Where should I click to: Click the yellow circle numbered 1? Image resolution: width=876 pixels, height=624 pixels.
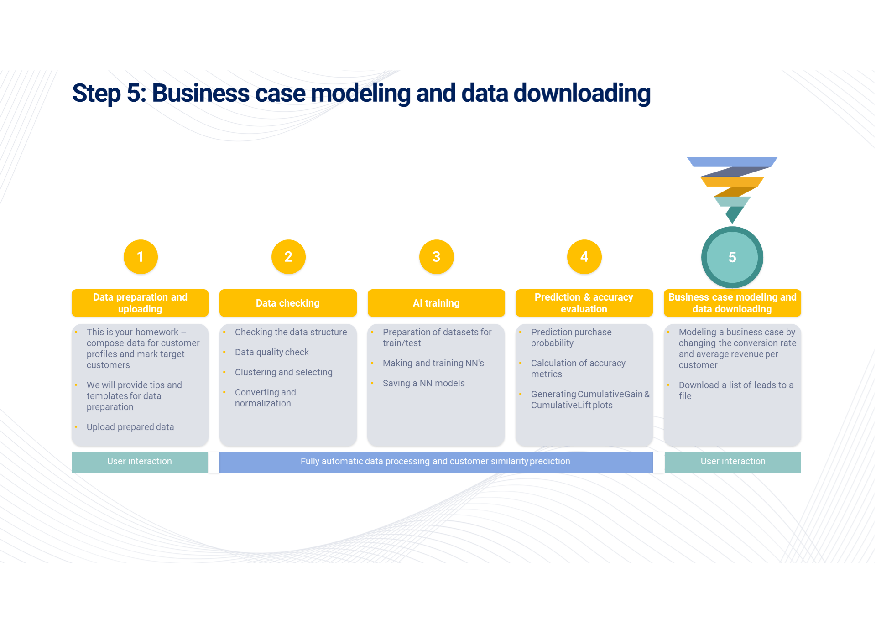click(x=141, y=257)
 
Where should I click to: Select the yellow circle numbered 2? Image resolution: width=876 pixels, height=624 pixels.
click(x=288, y=257)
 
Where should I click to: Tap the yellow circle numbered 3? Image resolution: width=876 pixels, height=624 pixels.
click(x=436, y=257)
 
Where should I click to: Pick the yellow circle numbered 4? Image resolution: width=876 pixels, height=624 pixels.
click(x=584, y=257)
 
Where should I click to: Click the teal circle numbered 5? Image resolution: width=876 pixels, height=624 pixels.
click(x=732, y=257)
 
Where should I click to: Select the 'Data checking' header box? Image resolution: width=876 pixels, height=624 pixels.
click(x=288, y=303)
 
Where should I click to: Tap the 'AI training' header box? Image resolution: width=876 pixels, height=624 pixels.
click(x=436, y=303)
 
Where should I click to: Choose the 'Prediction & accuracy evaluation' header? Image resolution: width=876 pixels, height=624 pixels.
click(x=584, y=303)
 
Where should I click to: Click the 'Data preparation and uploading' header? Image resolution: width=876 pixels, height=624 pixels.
click(x=140, y=303)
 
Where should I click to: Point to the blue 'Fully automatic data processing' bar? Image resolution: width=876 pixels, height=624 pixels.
click(x=436, y=462)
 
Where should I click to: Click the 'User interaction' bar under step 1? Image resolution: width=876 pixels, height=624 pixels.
click(x=140, y=462)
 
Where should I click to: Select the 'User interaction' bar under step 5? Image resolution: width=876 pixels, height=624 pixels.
click(x=733, y=462)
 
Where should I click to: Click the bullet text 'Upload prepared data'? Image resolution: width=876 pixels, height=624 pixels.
click(x=130, y=427)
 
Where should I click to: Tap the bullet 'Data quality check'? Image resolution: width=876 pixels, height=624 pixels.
click(x=272, y=352)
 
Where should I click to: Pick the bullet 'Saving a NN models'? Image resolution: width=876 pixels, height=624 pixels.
click(x=424, y=383)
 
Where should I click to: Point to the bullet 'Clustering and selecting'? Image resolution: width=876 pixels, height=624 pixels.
click(x=284, y=372)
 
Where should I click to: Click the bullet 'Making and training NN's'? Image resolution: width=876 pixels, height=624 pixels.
click(x=433, y=363)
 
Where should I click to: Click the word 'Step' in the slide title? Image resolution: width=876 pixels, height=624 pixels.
click(x=96, y=94)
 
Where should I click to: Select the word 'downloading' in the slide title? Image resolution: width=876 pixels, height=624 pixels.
click(x=582, y=94)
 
